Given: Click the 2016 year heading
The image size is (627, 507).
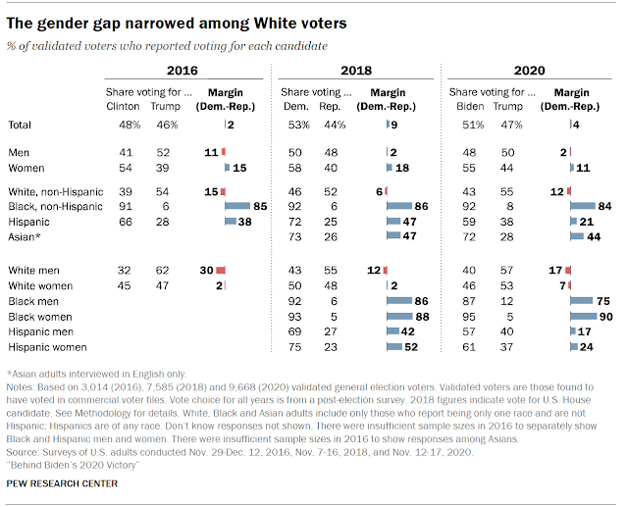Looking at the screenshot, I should [x=181, y=71].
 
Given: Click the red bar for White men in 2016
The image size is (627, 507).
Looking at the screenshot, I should [x=221, y=269].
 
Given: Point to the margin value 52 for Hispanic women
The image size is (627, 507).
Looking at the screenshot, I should [x=414, y=347].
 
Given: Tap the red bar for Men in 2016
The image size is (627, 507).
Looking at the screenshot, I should [x=224, y=152].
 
